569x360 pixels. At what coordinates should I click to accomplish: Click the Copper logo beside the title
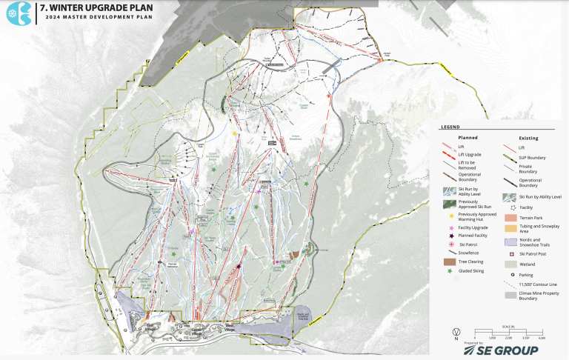[16, 15]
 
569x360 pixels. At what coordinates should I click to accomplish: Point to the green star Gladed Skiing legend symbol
[449, 271]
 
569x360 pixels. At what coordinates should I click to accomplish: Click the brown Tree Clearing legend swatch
[449, 261]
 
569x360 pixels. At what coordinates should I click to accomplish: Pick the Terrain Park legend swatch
[510, 219]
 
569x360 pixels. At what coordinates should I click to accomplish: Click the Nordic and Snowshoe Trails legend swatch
[510, 241]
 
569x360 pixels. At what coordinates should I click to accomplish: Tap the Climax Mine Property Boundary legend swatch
[510, 295]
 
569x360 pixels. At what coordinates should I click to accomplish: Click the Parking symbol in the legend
[510, 274]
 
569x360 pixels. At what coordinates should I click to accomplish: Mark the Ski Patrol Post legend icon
[510, 253]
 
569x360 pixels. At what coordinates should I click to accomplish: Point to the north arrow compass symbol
[457, 333]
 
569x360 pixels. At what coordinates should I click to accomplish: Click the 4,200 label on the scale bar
[542, 337]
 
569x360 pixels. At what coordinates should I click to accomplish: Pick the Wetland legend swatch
[510, 263]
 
